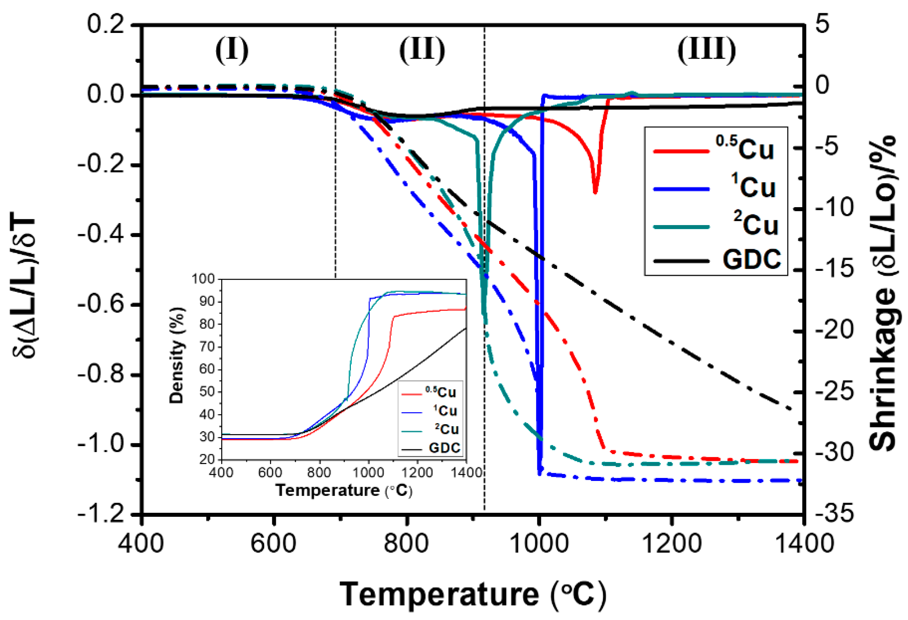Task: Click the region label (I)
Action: tap(232, 51)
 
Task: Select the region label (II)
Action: tap(422, 51)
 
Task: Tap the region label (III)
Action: tap(707, 51)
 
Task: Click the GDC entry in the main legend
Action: tap(751, 259)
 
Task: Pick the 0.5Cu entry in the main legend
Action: tap(745, 149)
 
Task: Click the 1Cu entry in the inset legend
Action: tap(445, 410)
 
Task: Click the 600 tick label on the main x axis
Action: tap(274, 543)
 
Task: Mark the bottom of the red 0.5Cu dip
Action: tap(595, 192)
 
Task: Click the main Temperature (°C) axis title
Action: tap(473, 594)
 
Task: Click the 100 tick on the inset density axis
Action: tap(203, 279)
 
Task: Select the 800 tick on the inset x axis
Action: tap(319, 473)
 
